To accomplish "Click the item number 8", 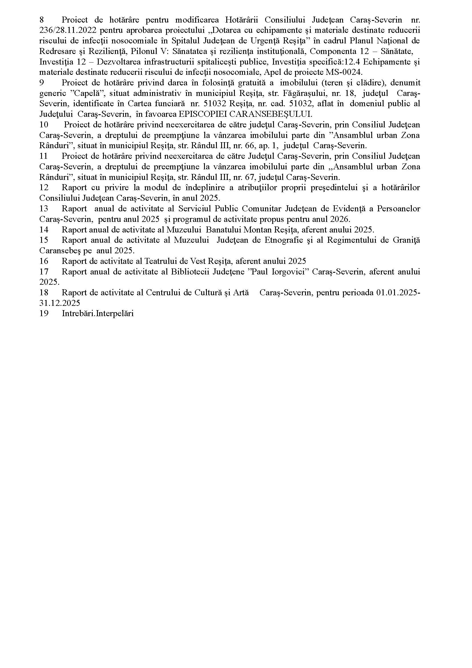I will (x=42, y=20).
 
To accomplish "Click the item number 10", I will (x=44, y=125).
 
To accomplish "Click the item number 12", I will (x=44, y=188).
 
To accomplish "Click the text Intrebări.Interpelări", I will (x=98, y=314).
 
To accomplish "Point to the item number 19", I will (x=44, y=314).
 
